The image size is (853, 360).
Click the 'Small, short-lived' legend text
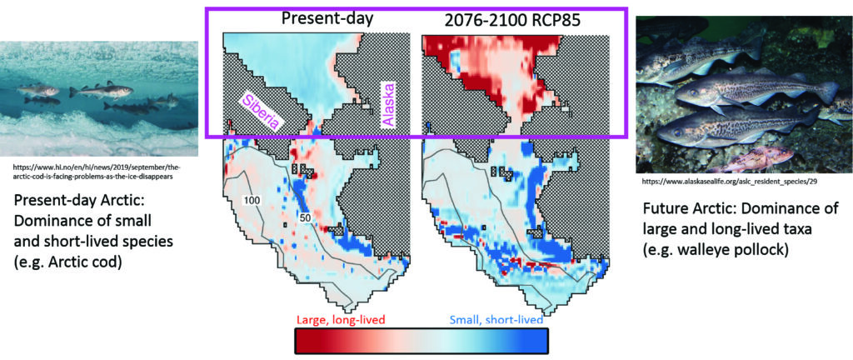pyautogui.click(x=496, y=319)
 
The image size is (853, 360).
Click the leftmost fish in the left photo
pyautogui.click(x=38, y=89)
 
